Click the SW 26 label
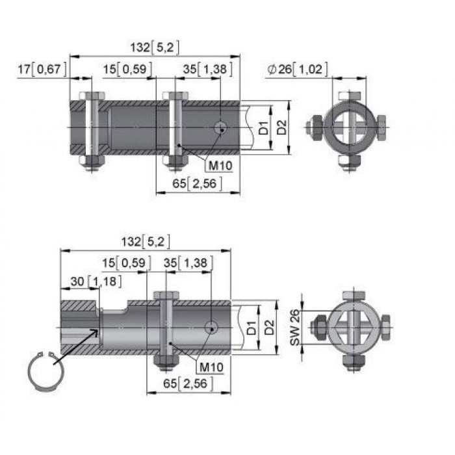point(295,328)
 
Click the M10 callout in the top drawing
point(220,166)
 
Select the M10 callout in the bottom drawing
point(211,367)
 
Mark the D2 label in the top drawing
point(281,127)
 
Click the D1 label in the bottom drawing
point(252,328)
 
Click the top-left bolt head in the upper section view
point(92,96)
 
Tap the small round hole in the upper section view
point(220,127)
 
